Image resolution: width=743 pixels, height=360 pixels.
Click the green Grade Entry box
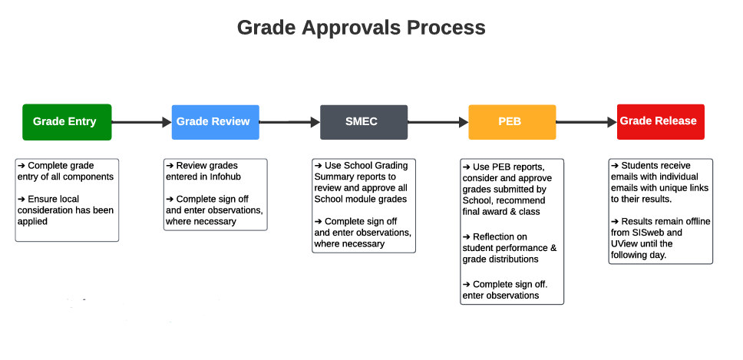point(67,122)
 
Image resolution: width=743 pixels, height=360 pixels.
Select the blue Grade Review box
point(215,122)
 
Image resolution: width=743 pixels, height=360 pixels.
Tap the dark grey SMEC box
point(363,122)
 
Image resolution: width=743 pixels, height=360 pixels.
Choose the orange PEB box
point(512,122)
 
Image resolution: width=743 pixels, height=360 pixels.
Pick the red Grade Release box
point(660,121)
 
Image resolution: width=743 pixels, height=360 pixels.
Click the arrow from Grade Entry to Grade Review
point(141,122)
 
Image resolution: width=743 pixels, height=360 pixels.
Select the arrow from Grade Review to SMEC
point(289,122)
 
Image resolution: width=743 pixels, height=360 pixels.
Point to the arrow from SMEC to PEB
point(438,122)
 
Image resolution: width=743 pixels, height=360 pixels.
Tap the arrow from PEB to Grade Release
point(586,122)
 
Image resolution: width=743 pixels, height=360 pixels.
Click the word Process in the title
point(446,28)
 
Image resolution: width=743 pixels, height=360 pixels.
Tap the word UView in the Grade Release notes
point(627,243)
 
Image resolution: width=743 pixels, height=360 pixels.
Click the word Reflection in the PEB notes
point(494,236)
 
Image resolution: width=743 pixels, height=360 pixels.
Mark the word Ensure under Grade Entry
point(44,199)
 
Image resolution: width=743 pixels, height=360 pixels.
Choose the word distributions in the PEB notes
point(512,259)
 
